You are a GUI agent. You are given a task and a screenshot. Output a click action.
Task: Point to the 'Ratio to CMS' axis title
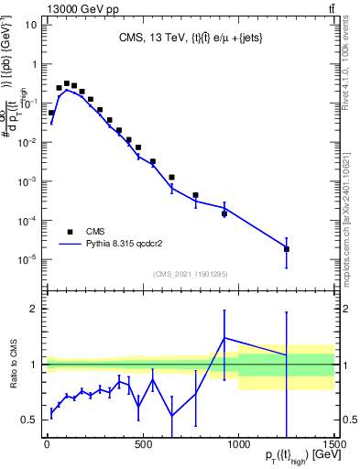point(13,365)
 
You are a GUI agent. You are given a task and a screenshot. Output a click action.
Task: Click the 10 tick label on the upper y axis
point(30,26)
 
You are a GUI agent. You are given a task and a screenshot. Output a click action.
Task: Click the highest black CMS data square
point(67,83)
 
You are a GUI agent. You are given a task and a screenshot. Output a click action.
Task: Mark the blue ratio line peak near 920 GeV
point(224,338)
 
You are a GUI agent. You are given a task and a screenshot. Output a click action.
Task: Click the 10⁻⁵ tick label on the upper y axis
point(27,259)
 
